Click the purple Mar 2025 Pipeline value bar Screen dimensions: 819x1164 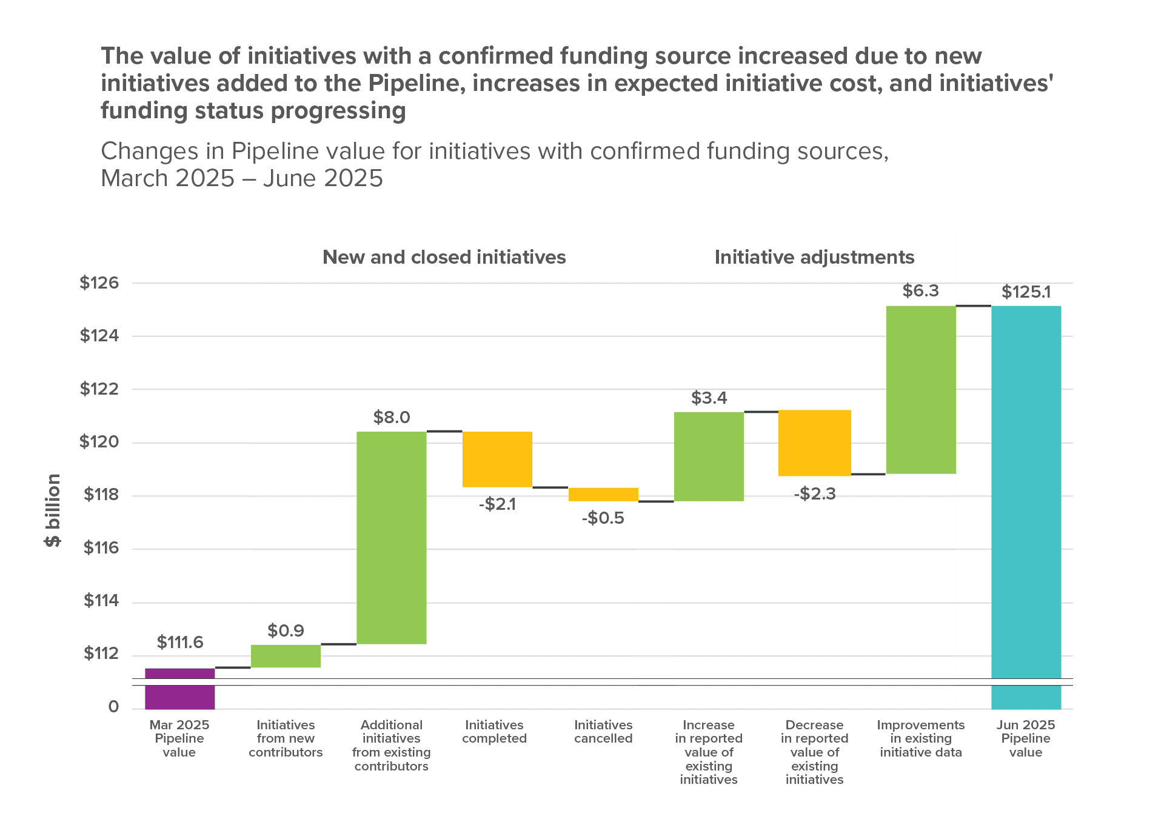(x=179, y=689)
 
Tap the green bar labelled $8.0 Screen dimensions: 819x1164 (x=392, y=538)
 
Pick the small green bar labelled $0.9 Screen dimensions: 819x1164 (x=286, y=656)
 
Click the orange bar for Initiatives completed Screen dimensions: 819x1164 (x=497, y=459)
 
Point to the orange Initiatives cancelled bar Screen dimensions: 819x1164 (x=603, y=494)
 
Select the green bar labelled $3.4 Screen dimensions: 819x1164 (x=709, y=456)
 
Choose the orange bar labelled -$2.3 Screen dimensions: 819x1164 (x=814, y=443)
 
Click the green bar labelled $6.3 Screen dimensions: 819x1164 (x=920, y=390)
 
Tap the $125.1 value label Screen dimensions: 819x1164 (x=1026, y=292)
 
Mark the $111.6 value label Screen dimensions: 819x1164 (x=180, y=642)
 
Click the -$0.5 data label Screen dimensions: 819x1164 (x=603, y=518)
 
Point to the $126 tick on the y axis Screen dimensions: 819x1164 (x=99, y=282)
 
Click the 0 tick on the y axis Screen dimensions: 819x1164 (x=113, y=707)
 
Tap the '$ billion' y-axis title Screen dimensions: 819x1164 (x=53, y=510)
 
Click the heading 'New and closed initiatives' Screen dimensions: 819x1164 (x=444, y=257)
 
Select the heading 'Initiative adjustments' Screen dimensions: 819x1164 (x=814, y=257)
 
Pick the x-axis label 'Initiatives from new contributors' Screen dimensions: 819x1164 (x=286, y=738)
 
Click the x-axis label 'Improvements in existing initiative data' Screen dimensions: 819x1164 (x=920, y=738)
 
